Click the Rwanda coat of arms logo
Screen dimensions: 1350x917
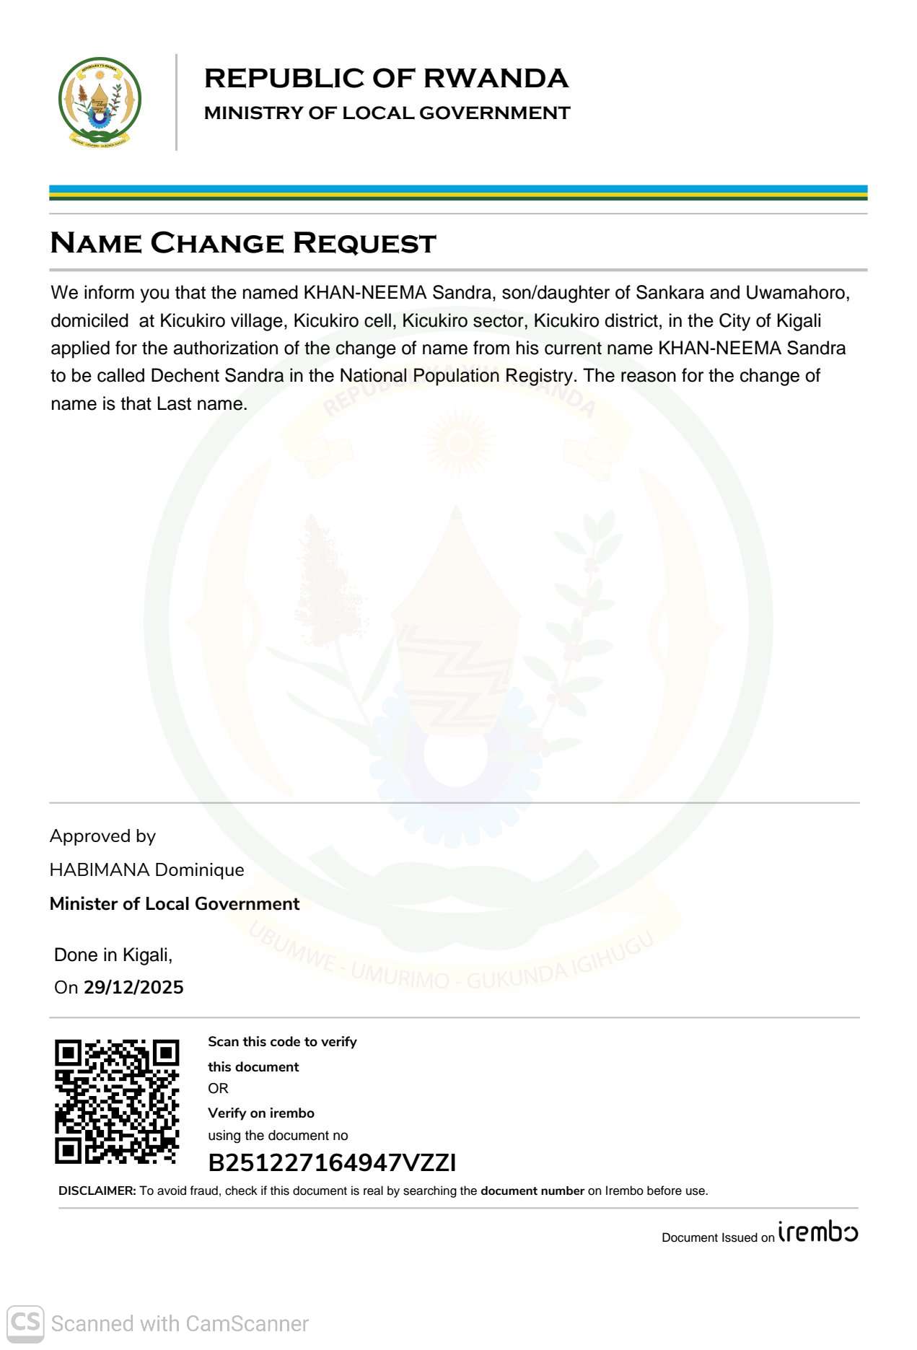[100, 102]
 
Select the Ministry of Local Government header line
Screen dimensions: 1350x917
[387, 113]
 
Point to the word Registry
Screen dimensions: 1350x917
[540, 376]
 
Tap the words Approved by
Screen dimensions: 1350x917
[102, 836]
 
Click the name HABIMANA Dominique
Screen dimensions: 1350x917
[146, 870]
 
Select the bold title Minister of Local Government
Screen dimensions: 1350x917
[175, 904]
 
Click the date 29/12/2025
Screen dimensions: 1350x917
[133, 988]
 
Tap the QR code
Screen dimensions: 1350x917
[117, 1101]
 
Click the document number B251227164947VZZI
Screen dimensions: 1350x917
[332, 1163]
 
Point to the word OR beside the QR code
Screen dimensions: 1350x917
[218, 1089]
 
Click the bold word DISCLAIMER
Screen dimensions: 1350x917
[97, 1191]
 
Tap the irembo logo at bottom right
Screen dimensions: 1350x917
[818, 1232]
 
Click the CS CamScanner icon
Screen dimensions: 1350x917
[25, 1323]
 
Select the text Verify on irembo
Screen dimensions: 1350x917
[261, 1113]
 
